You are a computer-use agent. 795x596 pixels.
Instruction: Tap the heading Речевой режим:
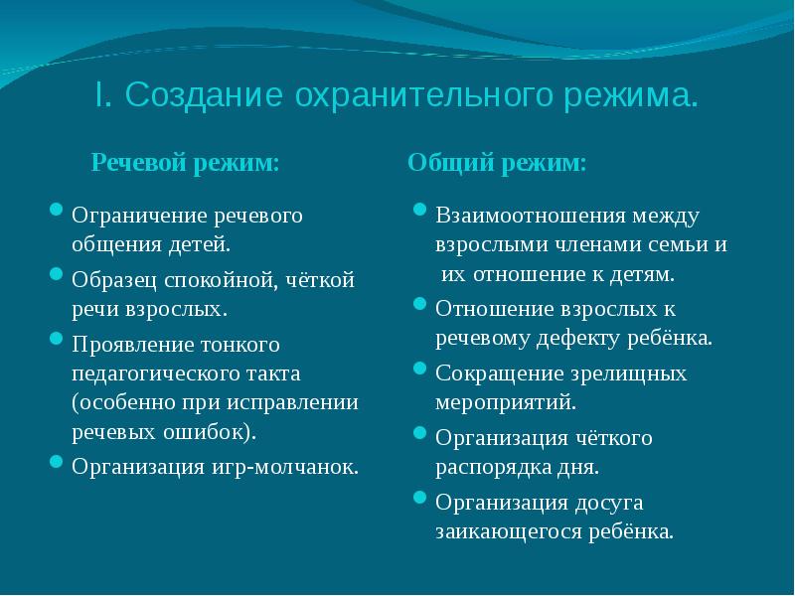tap(185, 163)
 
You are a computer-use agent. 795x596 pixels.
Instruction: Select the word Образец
tap(112, 280)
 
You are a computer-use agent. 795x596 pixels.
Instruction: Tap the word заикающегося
tap(506, 530)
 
